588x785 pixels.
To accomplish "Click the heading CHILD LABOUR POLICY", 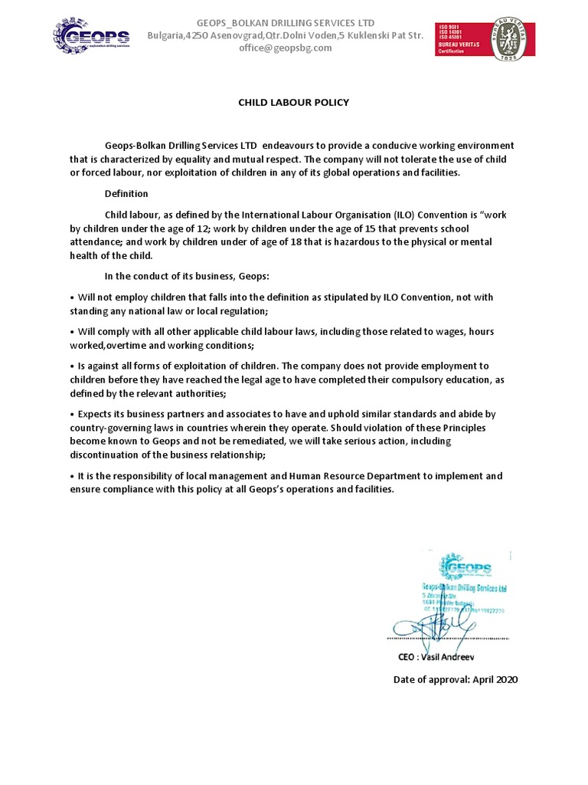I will click(x=293, y=102).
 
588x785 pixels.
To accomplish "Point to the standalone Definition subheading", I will click(x=126, y=194).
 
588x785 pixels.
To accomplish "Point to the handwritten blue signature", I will click(x=429, y=631).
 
